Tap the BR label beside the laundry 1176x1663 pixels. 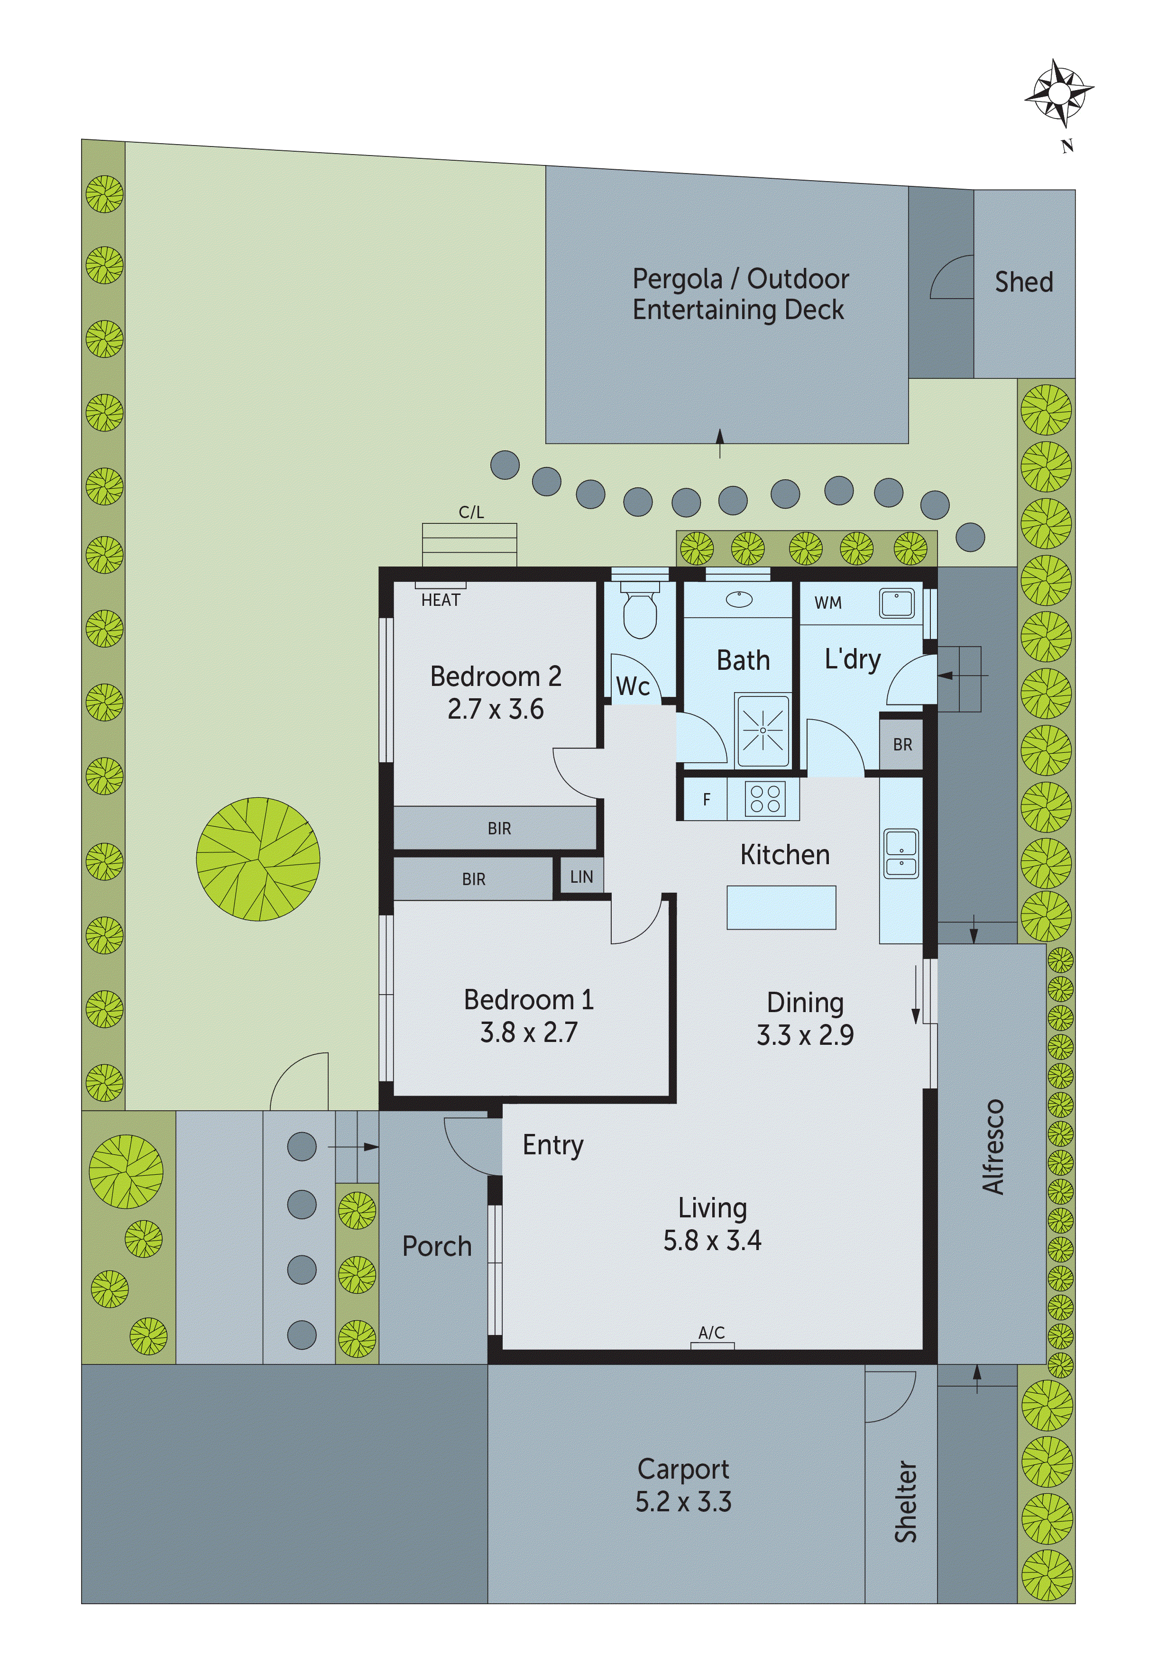point(902,745)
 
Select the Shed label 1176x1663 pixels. point(1023,282)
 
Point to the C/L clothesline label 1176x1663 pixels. point(471,512)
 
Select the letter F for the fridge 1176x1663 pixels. point(707,800)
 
